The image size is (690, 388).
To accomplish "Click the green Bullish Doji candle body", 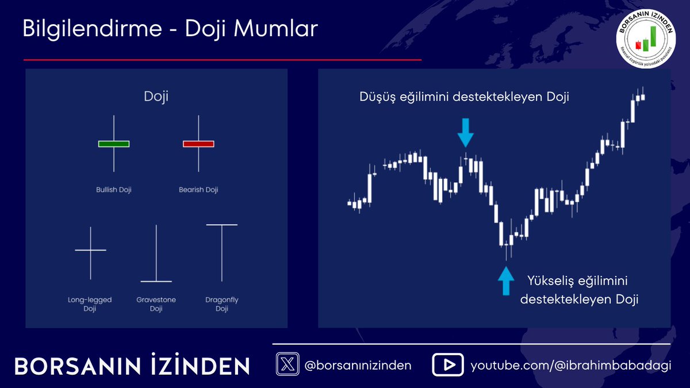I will pos(114,143).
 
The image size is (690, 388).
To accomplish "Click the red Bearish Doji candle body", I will pos(198,143).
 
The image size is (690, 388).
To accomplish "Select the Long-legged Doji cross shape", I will pos(91,251).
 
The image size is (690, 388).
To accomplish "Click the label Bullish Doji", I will pos(114,190).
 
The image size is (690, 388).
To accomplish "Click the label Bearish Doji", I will pos(198,190).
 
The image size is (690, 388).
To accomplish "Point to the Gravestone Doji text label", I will pos(156,304).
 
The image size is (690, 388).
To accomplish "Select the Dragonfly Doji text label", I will pos(222,304).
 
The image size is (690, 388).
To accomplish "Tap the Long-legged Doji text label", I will pos(90,304).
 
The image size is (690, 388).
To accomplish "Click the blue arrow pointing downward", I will pos(466,133).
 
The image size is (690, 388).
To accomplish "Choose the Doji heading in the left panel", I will pos(156,96).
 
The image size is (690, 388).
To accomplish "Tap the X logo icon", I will pos(287,364).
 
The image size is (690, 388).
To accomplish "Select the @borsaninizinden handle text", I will pos(358,366).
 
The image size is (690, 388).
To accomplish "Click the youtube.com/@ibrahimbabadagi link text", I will pos(570,366).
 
